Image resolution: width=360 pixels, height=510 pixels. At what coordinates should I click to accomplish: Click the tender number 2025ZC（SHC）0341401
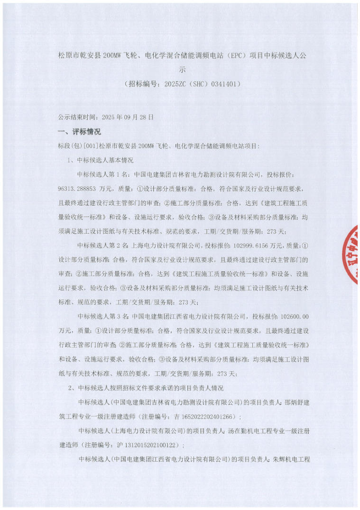pyautogui.click(x=203, y=84)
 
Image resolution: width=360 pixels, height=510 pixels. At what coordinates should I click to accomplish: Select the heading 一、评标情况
pyautogui.click(x=79, y=131)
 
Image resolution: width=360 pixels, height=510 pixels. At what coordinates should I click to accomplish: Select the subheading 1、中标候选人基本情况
pyautogui.click(x=101, y=160)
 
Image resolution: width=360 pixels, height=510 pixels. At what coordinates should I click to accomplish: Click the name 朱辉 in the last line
pyautogui.click(x=278, y=459)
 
